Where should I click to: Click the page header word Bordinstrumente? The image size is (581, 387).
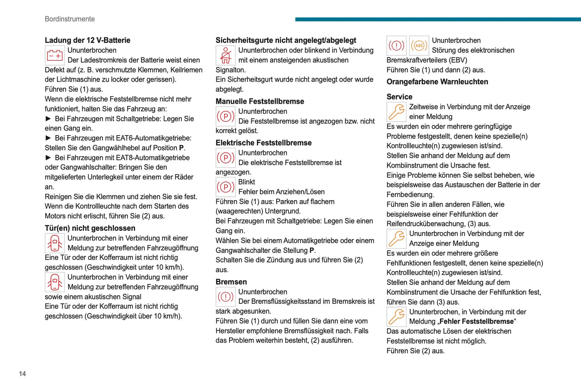(70, 19)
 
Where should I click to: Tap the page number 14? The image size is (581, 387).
(22, 374)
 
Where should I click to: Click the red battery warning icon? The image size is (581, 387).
(55, 55)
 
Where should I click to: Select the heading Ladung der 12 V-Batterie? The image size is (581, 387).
(87, 40)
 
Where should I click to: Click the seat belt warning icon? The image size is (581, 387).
(226, 55)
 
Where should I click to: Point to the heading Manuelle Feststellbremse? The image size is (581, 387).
(260, 101)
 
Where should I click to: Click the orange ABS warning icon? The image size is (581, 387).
(419, 46)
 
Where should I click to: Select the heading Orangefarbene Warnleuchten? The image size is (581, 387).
(437, 82)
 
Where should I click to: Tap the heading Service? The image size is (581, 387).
(399, 97)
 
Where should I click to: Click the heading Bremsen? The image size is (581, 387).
(231, 282)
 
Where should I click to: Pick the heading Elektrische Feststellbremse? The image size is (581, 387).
(263, 143)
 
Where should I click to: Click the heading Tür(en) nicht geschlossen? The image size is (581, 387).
(90, 228)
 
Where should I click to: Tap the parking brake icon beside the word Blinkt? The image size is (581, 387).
(226, 187)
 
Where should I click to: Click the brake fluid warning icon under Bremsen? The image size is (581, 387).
(226, 297)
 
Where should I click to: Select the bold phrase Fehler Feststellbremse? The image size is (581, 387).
(476, 321)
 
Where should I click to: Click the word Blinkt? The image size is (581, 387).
(246, 182)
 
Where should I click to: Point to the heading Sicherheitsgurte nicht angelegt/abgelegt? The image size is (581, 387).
(286, 40)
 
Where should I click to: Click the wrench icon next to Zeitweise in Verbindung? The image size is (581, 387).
(396, 112)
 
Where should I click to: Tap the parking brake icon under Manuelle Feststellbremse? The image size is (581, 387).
(226, 117)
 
